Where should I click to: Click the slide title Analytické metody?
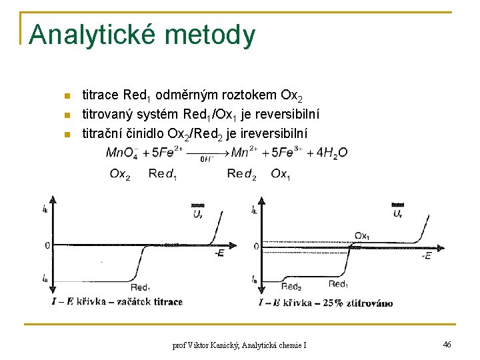pyautogui.click(x=141, y=35)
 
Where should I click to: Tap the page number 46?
pyautogui.click(x=447, y=344)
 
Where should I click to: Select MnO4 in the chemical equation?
pyautogui.click(x=122, y=153)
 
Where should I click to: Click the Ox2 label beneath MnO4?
pyautogui.click(x=120, y=174)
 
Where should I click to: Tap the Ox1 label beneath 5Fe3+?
pyautogui.click(x=280, y=174)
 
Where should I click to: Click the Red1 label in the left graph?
pyautogui.click(x=140, y=287)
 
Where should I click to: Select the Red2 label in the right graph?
pyautogui.click(x=291, y=287)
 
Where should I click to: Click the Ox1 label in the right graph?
pyautogui.click(x=363, y=236)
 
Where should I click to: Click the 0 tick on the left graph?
pyautogui.click(x=47, y=245)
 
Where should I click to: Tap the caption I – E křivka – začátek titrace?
pyautogui.click(x=117, y=302)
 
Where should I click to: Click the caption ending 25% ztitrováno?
pyautogui.click(x=325, y=303)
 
